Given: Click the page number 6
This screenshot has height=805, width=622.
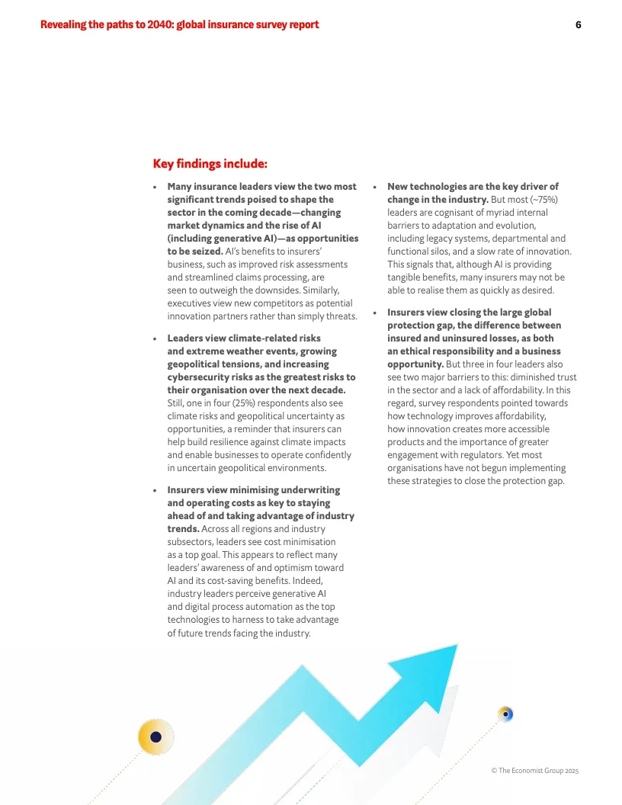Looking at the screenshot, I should point(578,24).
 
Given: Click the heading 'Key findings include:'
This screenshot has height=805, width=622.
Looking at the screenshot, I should point(210,163).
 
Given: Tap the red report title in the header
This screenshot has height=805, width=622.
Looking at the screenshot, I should point(180,24).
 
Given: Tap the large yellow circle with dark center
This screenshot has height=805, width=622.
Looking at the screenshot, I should point(155,737).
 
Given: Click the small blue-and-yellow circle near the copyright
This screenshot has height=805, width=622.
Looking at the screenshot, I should point(505,714).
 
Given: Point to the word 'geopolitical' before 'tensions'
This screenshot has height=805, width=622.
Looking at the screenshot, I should point(198,364).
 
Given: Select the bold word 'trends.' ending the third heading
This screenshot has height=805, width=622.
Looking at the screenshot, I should point(183,528).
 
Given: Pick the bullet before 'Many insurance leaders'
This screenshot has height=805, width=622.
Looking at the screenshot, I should point(155,187).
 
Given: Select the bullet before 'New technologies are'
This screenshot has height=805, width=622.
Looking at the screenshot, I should point(375,187).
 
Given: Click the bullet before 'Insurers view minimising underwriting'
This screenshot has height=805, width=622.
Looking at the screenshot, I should point(155,490).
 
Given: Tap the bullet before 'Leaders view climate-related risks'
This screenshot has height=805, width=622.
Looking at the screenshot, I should point(155,338).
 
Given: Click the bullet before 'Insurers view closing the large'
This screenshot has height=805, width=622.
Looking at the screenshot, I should point(375,313).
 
